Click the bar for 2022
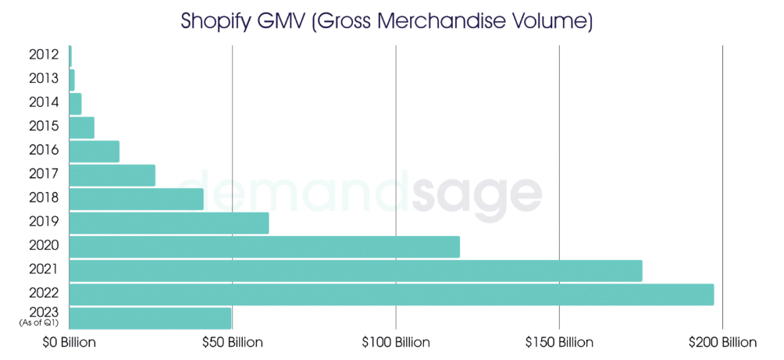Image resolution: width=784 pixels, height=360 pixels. point(391,294)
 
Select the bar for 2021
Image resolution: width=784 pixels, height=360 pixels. point(355,270)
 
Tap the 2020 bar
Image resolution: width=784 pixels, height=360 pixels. point(265,247)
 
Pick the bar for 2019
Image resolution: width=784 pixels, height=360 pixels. point(169,223)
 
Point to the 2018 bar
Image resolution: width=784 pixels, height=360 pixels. point(137,199)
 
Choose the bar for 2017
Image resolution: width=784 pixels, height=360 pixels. point(112,175)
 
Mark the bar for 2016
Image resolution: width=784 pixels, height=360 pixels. point(94,151)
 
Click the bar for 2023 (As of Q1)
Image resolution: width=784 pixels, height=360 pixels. point(150,319)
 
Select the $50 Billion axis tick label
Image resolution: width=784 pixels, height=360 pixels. point(232,343)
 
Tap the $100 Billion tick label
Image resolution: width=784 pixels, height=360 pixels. point(396,343)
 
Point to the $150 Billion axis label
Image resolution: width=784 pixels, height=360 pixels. point(560,343)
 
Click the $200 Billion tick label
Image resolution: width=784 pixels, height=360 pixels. point(723,343)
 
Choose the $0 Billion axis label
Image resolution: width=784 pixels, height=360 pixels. point(68,343)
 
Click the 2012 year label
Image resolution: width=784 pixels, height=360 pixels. point(44,54)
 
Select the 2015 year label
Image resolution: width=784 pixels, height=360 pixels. point(44,126)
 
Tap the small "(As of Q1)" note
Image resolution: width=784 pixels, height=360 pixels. point(38,323)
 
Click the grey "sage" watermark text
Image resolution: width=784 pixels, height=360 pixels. point(480,194)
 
